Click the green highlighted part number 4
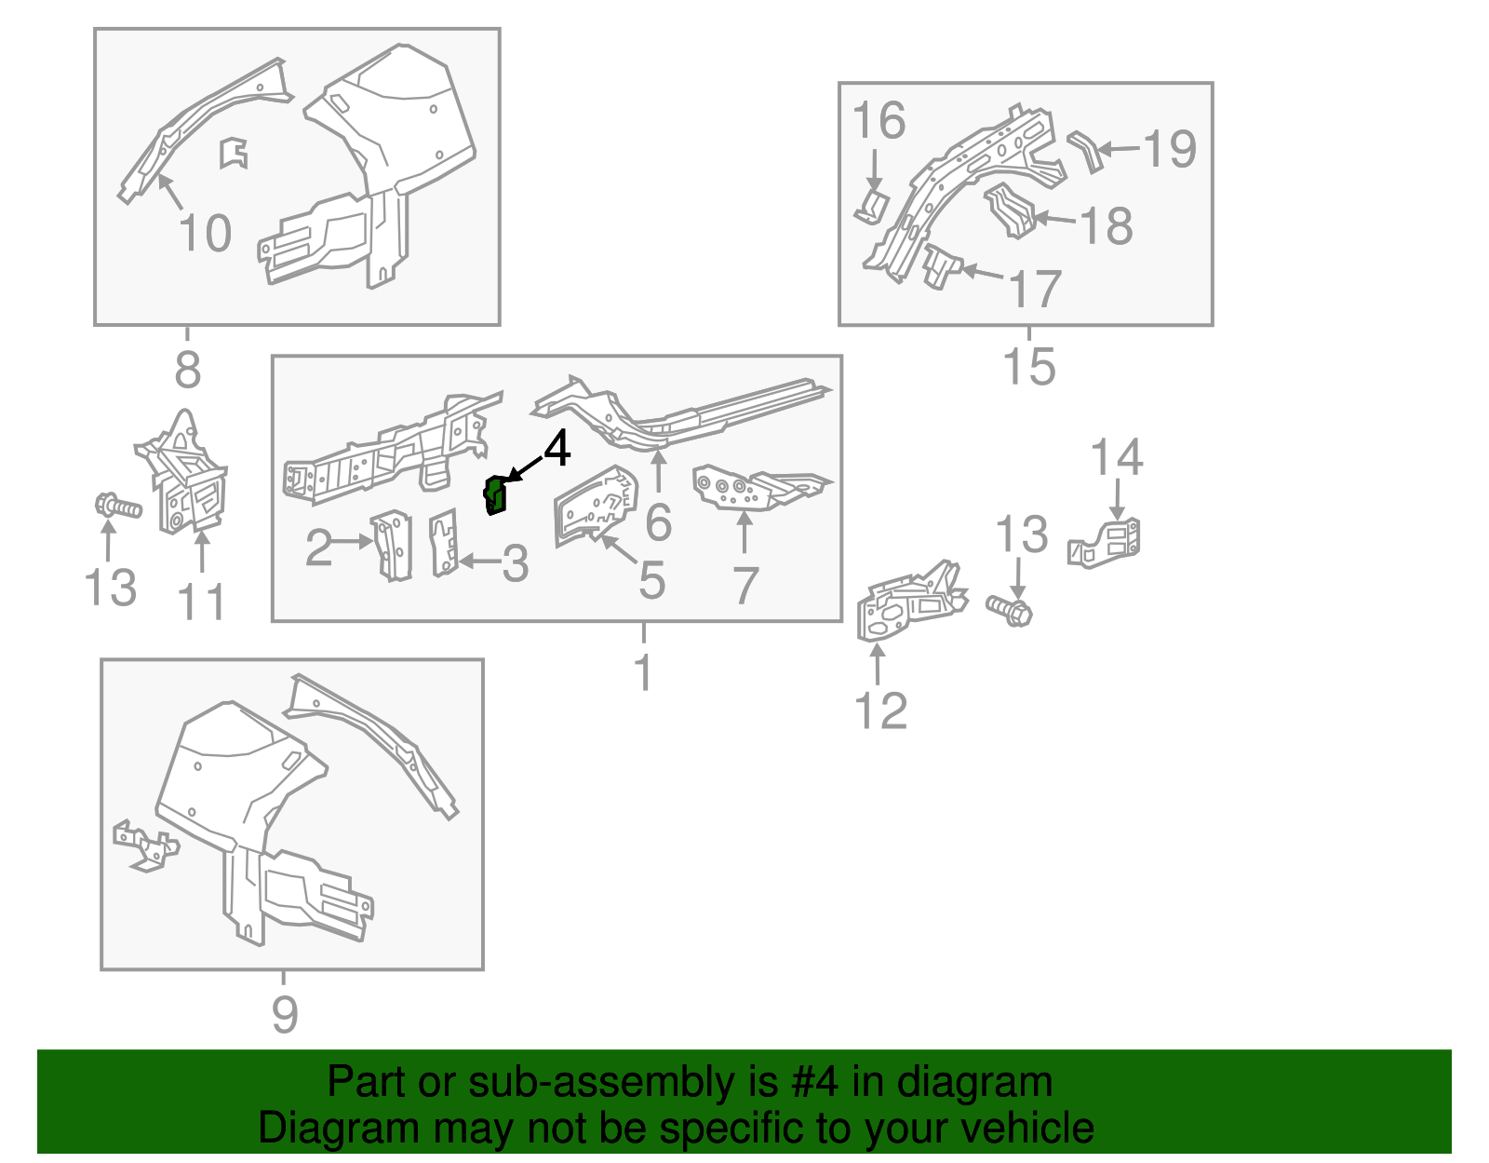(496, 495)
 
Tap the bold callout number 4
(557, 450)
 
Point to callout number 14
(1116, 458)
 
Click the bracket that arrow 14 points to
(1107, 543)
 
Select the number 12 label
(880, 711)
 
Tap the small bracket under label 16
(873, 207)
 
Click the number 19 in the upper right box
(1169, 149)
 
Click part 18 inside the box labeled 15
(1010, 210)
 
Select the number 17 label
(1035, 289)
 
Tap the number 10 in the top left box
(205, 233)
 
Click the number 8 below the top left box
(187, 371)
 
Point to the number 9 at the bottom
(285, 1015)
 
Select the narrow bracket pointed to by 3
(444, 543)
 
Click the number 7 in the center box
(745, 586)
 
